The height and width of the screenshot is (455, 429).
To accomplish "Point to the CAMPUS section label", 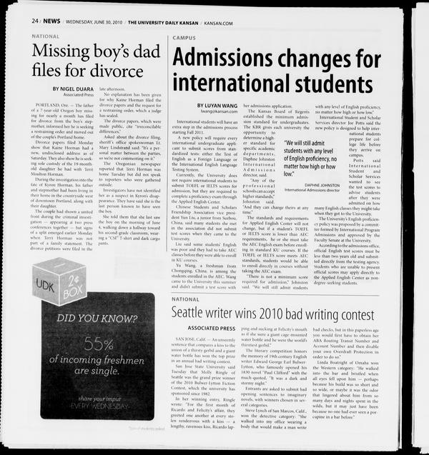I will click(x=184, y=37).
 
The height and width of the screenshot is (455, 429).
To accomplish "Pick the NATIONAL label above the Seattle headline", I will click(x=186, y=299).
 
